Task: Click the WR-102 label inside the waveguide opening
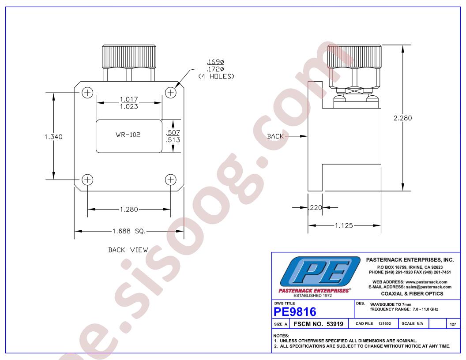[x=128, y=135]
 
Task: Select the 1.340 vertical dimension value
[x=53, y=137]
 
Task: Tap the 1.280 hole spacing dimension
[x=129, y=210]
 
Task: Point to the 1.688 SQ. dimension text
[x=129, y=231]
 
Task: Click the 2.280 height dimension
[x=403, y=118]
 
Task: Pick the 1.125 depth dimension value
[x=344, y=225]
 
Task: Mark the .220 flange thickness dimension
[x=316, y=208]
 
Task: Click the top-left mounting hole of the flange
[x=87, y=93]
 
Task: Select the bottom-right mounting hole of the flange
[x=171, y=180]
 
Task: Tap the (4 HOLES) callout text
[x=216, y=76]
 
